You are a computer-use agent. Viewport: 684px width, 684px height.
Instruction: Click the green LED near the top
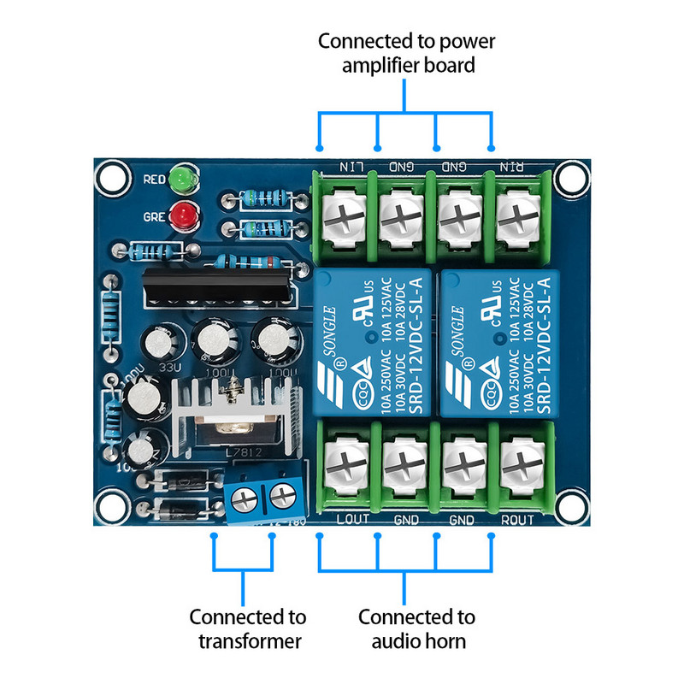pos(181,180)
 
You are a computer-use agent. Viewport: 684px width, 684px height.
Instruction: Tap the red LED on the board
pos(181,217)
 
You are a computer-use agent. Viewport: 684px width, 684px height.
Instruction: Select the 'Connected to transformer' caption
pos(247,628)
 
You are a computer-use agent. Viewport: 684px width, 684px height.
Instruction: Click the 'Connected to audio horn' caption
pos(416,628)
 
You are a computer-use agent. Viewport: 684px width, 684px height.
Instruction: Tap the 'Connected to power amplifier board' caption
pos(406,53)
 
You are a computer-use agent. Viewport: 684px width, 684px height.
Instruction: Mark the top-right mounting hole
pos(569,177)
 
